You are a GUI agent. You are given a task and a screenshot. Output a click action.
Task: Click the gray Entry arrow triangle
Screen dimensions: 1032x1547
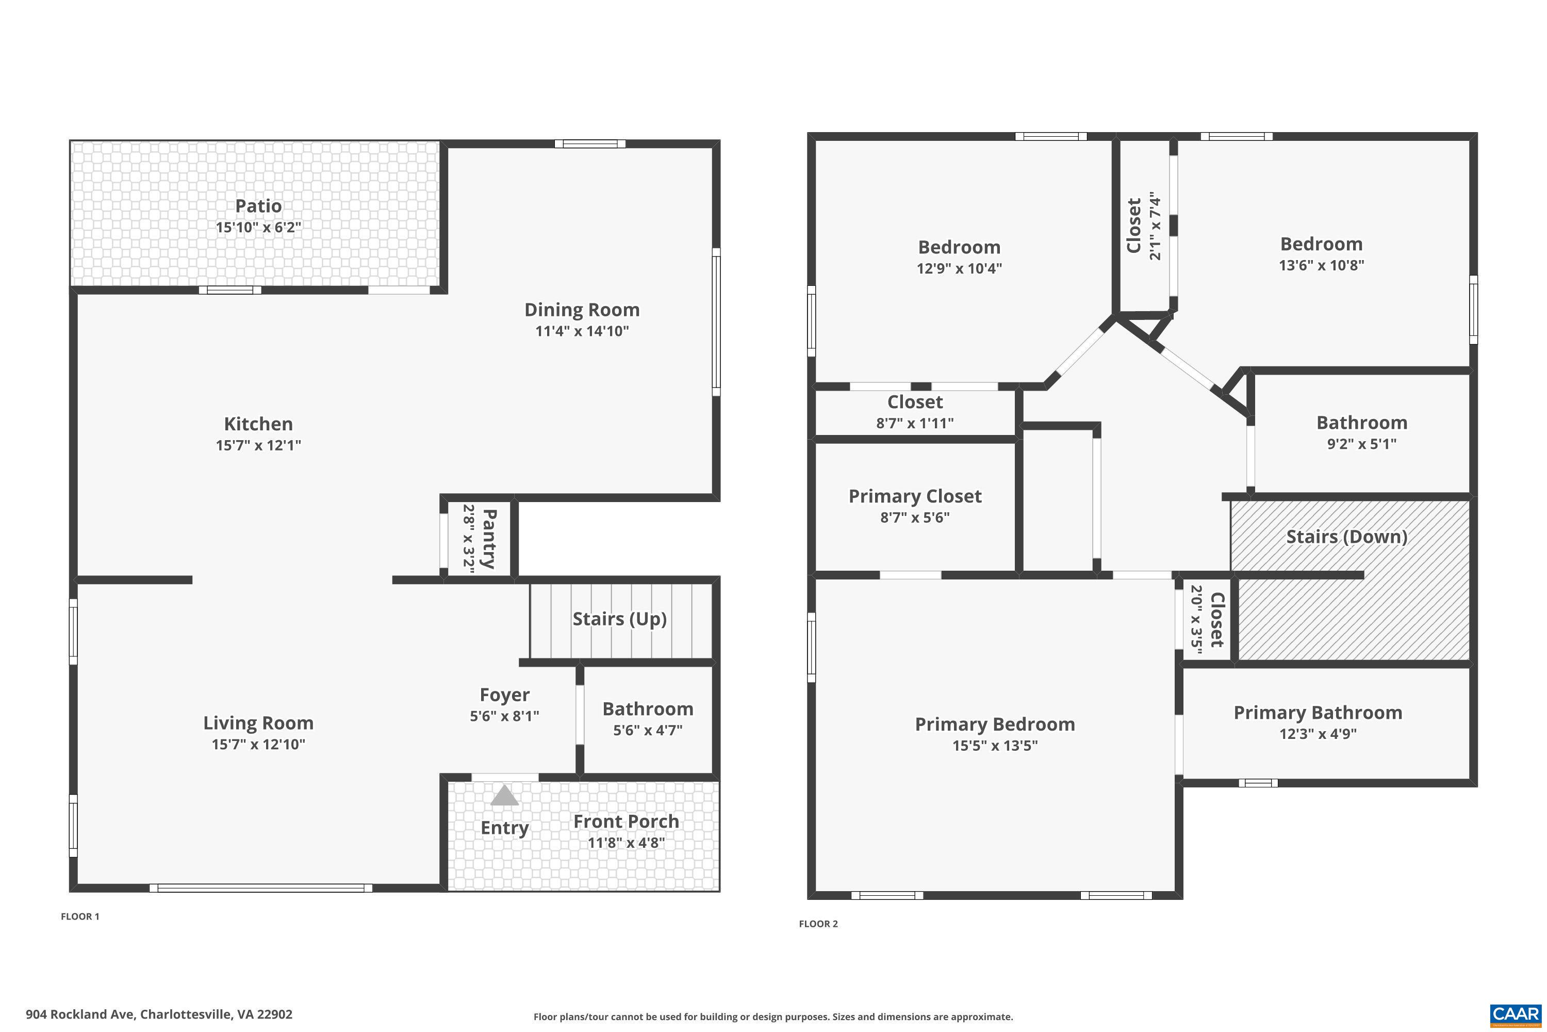(504, 796)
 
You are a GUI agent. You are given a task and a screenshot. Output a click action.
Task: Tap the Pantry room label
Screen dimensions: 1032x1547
(489, 538)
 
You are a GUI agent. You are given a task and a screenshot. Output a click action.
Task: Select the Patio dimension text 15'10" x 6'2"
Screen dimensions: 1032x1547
(258, 228)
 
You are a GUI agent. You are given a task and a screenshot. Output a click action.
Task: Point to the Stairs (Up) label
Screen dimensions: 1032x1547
(620, 619)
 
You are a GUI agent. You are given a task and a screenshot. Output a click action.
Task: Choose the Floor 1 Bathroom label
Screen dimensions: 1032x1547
(648, 709)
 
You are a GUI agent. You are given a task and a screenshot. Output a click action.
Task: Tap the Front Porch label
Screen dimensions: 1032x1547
(626, 821)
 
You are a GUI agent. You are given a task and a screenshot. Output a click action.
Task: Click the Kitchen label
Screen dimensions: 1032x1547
(258, 424)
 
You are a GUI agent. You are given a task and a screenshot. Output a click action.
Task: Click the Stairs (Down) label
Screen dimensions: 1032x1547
(1346, 537)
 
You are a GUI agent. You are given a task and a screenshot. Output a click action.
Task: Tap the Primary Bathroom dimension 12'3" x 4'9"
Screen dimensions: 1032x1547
(1318, 734)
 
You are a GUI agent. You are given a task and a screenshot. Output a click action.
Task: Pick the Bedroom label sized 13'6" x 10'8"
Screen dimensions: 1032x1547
(1321, 244)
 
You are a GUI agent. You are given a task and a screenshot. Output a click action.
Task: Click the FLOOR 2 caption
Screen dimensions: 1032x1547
(818, 924)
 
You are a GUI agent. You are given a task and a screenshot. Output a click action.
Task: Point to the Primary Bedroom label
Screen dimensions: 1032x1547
(995, 724)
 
